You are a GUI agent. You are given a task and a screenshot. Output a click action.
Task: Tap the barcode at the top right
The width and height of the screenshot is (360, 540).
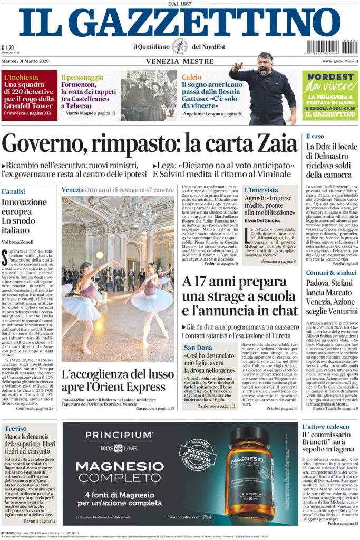tap(330, 47)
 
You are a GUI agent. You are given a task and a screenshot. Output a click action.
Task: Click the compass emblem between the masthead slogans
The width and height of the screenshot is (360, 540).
tap(179, 46)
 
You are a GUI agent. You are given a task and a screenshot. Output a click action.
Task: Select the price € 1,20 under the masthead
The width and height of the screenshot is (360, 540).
tap(8, 47)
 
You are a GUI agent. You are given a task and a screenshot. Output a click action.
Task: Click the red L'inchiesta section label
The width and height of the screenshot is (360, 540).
tap(22, 77)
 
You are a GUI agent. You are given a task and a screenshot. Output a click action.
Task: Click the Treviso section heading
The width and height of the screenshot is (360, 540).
tap(16, 429)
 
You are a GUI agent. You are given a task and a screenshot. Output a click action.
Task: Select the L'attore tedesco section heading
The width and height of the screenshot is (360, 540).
tap(326, 427)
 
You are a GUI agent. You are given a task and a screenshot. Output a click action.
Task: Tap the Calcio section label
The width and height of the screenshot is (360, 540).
tap(192, 77)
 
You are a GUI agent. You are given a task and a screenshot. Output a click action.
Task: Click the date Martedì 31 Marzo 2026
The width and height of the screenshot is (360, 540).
tap(26, 61)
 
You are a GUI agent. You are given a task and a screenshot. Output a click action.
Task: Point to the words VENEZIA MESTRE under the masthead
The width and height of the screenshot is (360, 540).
tap(177, 62)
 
